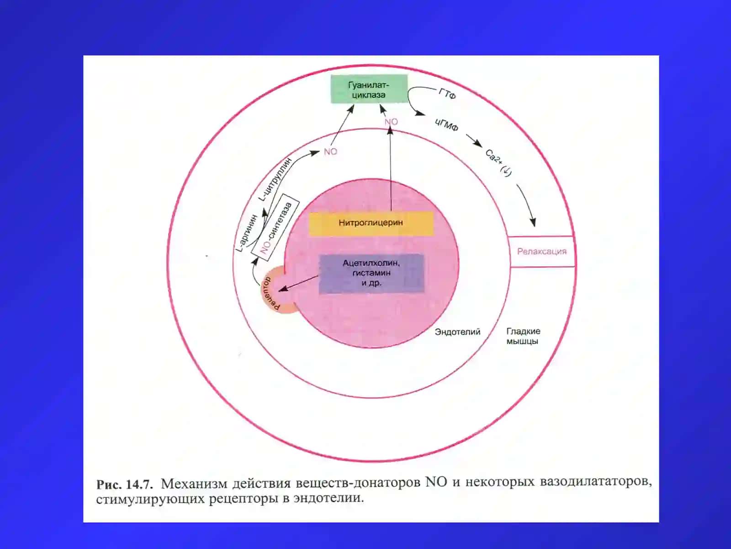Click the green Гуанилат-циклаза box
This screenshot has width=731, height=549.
click(369, 89)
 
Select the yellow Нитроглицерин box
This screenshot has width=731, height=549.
click(371, 223)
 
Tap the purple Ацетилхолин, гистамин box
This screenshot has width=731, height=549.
click(371, 274)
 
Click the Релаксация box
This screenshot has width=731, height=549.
click(541, 251)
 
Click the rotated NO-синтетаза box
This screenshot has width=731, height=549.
click(275, 227)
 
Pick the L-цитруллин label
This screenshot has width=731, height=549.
click(275, 179)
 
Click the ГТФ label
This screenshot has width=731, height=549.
click(447, 94)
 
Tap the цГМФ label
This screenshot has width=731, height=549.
click(446, 124)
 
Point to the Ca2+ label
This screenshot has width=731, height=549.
click(498, 163)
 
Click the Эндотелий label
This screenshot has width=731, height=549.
click(457, 332)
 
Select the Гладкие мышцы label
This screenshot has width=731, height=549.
click(523, 336)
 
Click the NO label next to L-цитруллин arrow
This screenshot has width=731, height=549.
click(330, 152)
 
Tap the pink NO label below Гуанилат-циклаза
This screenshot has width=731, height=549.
click(391, 122)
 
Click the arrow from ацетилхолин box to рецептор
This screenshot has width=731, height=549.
click(298, 283)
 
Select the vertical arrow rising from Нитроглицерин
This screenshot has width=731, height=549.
click(391, 169)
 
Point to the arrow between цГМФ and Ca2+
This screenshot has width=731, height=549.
click(474, 140)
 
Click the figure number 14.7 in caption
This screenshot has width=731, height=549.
click(139, 484)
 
